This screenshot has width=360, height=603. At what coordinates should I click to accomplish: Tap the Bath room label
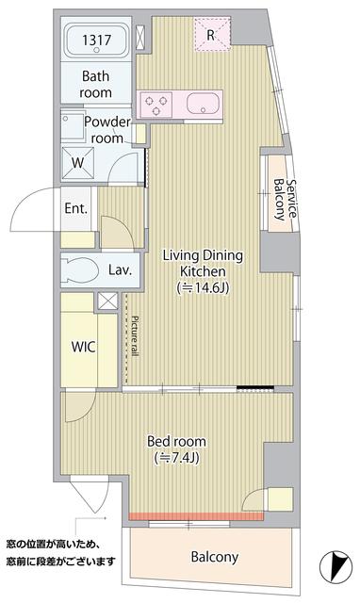pyautogui.click(x=96, y=85)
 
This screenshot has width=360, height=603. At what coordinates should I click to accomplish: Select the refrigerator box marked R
pyautogui.click(x=211, y=36)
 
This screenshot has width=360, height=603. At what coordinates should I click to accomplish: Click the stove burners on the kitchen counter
pyautogui.click(x=156, y=103)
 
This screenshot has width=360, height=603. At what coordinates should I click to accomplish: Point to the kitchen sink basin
pyautogui.click(x=203, y=103)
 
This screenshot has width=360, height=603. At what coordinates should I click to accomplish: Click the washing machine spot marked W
pyautogui.click(x=77, y=161)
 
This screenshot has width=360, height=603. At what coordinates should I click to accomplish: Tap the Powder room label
pyautogui.click(x=106, y=129)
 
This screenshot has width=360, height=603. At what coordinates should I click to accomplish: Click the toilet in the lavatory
pyautogui.click(x=83, y=270)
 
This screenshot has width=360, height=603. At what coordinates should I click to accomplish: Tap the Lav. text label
pyautogui.click(x=120, y=270)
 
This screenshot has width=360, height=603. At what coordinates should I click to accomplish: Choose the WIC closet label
pyautogui.click(x=83, y=345)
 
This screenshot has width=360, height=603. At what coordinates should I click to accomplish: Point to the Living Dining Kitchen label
pyautogui.click(x=204, y=263)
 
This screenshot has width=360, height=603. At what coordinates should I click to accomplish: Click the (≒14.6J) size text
pyautogui.click(x=204, y=288)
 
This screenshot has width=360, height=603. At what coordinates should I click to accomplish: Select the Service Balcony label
pyautogui.click(x=286, y=199)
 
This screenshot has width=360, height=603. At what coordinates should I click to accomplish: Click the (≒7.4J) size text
pyautogui.click(x=178, y=459)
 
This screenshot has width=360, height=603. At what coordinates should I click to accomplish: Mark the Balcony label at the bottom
pyautogui.click(x=215, y=557)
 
